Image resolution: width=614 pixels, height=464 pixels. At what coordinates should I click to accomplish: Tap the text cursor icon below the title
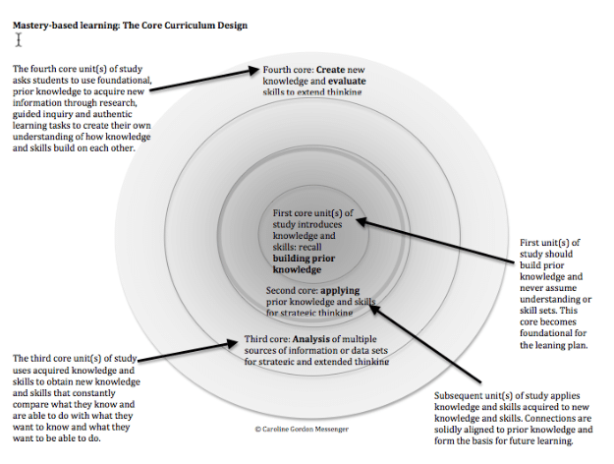tap(18, 40)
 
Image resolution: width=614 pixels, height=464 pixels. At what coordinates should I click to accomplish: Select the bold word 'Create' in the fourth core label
tap(330, 71)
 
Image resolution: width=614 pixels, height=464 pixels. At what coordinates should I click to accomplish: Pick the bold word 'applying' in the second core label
tap(339, 291)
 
